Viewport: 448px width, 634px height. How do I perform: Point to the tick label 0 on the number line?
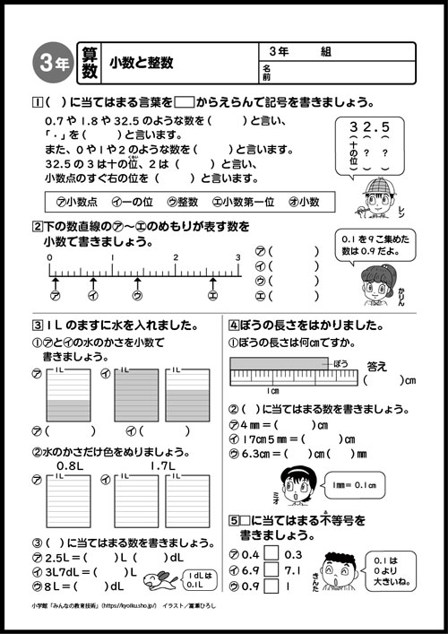(x=50, y=257)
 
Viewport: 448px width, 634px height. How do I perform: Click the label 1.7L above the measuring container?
(x=163, y=466)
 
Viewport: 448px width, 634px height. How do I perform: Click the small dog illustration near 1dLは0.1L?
(x=152, y=586)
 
